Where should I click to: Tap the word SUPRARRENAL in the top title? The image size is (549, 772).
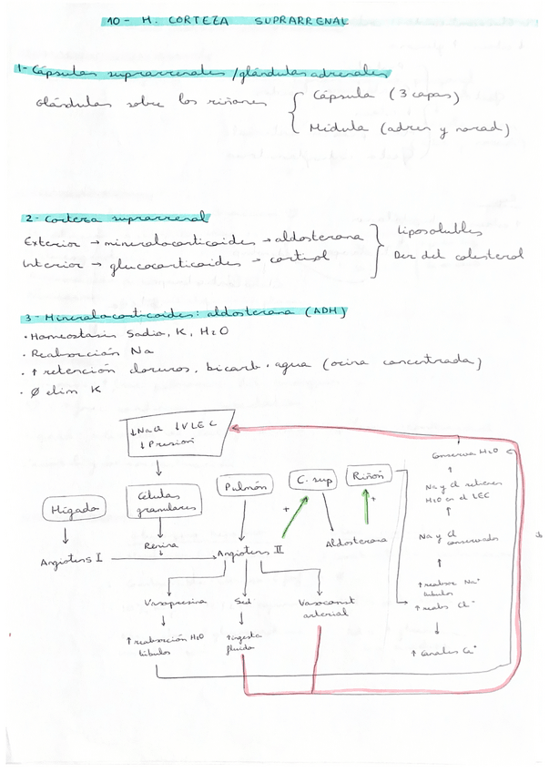pyautogui.click(x=300, y=20)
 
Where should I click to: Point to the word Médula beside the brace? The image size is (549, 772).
pyautogui.click(x=340, y=128)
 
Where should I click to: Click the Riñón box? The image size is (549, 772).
pyautogui.click(x=370, y=474)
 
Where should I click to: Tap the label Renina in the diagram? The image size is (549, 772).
pyautogui.click(x=159, y=545)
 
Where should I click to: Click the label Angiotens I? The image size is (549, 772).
pyautogui.click(x=71, y=561)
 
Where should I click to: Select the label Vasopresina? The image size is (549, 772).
pyautogui.click(x=176, y=602)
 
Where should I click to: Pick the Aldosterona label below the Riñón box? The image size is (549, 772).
pyautogui.click(x=355, y=542)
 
